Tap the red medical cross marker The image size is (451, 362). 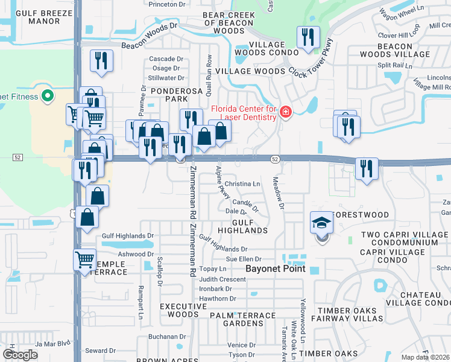tap(285, 112)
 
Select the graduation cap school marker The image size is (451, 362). tap(322, 224)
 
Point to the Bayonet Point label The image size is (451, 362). tap(276, 268)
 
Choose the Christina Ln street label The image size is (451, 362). tap(242, 183)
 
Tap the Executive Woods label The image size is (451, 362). tap(179, 310)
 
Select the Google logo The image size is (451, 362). tap(20, 355)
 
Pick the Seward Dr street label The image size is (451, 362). tap(100, 351)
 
